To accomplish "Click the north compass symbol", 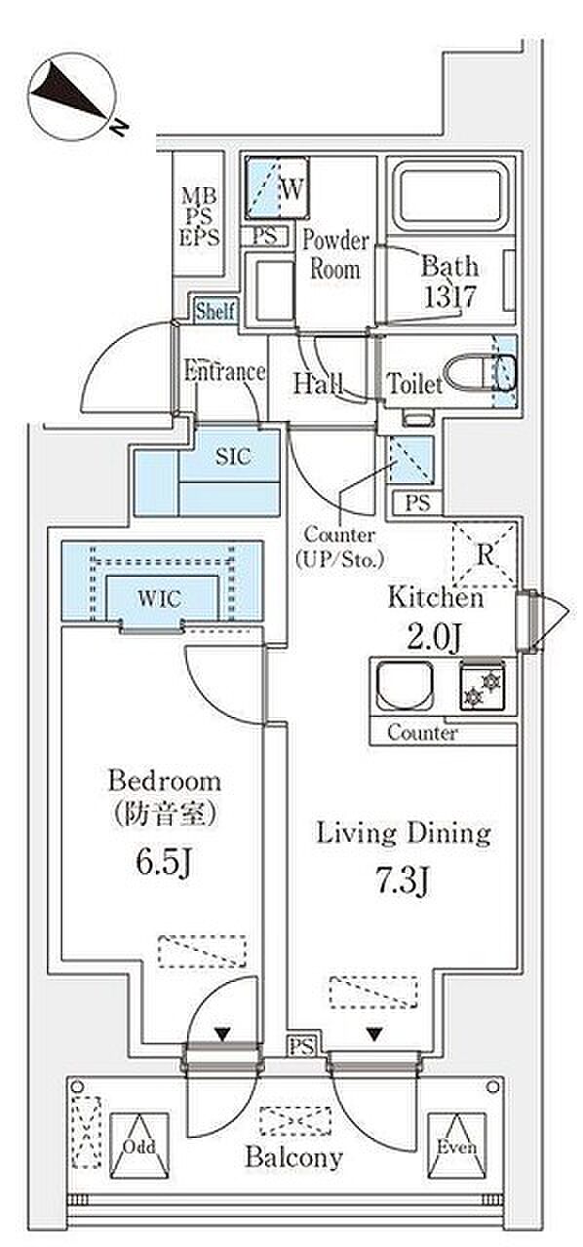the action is (72, 95).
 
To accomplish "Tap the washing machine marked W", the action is (277, 188).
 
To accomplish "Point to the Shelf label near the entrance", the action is (215, 311).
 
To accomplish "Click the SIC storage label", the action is (233, 457).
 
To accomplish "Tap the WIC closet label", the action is (160, 599).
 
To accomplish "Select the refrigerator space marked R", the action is (485, 554).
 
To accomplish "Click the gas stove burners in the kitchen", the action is (483, 686).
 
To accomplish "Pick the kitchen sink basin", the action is (404, 686).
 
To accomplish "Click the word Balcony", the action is (293, 1157).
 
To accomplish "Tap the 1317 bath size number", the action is (449, 296).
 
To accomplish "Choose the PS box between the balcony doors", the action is (301, 1047).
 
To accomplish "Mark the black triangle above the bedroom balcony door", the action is (223, 1035).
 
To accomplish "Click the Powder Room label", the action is (335, 255).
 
